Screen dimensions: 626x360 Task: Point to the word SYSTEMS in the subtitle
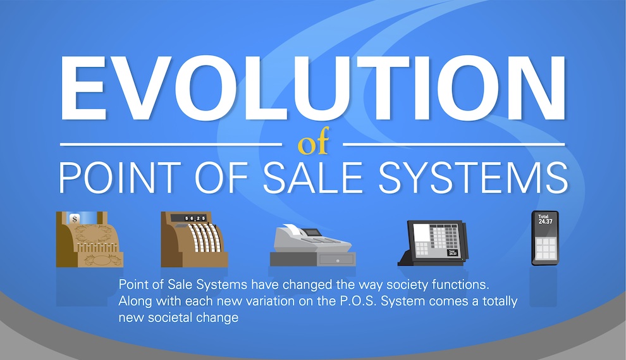473,177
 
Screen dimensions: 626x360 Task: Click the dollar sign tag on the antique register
74,219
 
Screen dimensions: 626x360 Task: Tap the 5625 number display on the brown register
194,218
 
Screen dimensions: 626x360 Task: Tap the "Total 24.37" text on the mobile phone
544,219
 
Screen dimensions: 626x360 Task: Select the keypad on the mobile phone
545,249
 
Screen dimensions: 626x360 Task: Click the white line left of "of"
171,144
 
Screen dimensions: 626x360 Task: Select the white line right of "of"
454,144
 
